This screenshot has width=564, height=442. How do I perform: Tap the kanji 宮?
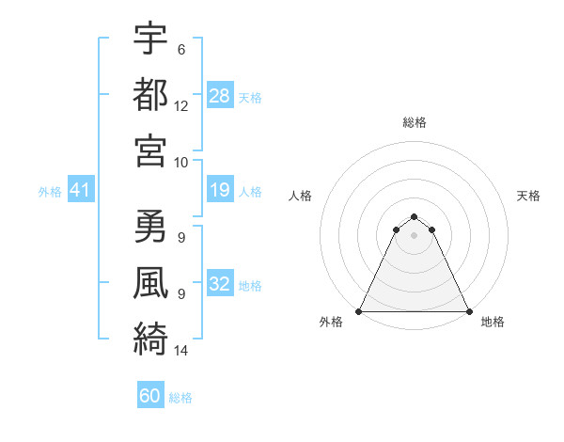(151, 150)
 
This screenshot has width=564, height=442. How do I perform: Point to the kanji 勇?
(151, 227)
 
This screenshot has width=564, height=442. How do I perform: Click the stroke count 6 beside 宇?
(181, 49)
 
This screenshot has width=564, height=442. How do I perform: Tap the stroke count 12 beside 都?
(181, 105)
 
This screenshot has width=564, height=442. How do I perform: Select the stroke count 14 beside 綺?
(181, 351)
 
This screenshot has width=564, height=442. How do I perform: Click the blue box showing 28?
(220, 96)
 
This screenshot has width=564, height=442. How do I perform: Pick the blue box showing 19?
(220, 191)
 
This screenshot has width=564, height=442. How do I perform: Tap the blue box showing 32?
(220, 285)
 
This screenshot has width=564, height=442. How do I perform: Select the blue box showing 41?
(81, 191)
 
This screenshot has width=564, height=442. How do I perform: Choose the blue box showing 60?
(150, 396)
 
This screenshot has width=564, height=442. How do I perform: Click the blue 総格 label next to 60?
(180, 398)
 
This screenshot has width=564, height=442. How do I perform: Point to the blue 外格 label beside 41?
(50, 192)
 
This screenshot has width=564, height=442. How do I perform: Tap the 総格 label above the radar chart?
(414, 122)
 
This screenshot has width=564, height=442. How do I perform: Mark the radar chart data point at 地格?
(468, 311)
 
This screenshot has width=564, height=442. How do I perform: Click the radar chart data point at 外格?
(359, 311)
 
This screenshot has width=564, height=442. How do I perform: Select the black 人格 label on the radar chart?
(300, 196)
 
